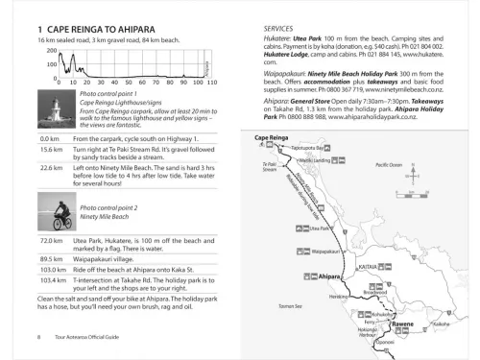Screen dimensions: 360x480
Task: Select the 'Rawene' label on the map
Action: (403, 324)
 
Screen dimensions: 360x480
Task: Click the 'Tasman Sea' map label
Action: (279, 305)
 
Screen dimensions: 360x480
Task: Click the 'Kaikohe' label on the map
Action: (441, 324)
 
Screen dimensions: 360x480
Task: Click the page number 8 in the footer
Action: (37, 337)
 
